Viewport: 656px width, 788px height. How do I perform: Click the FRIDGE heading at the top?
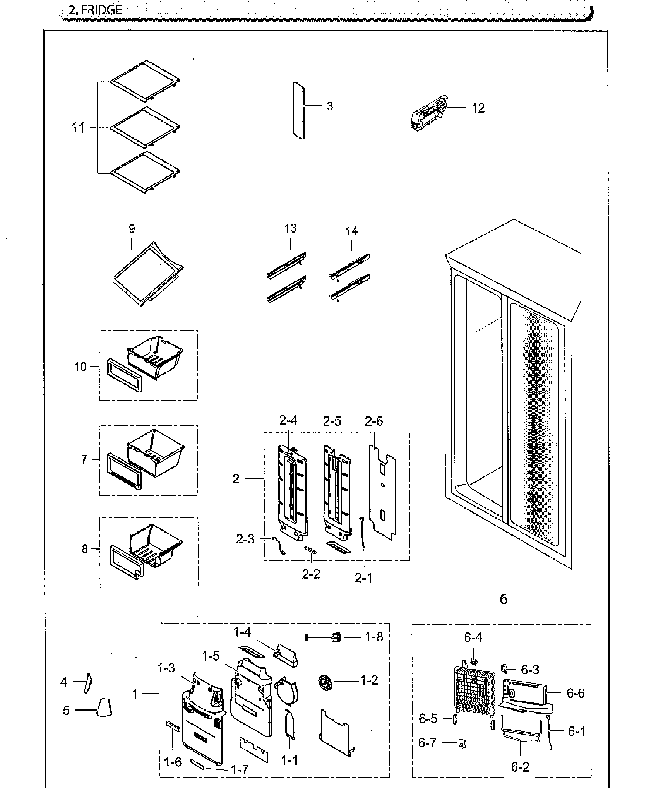pyautogui.click(x=95, y=10)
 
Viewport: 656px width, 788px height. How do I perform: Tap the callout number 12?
pyautogui.click(x=478, y=108)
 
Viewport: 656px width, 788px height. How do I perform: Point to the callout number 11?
pyautogui.click(x=78, y=128)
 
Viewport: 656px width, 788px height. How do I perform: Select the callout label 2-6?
pyautogui.click(x=373, y=421)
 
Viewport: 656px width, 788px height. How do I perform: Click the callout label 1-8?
pyautogui.click(x=374, y=637)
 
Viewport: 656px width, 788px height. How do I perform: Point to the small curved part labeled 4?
pyautogui.click(x=87, y=684)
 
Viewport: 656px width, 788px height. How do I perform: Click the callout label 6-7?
pyautogui.click(x=427, y=742)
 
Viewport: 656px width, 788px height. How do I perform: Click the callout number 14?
pyautogui.click(x=351, y=231)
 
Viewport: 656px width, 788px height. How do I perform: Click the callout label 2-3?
pyautogui.click(x=245, y=539)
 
